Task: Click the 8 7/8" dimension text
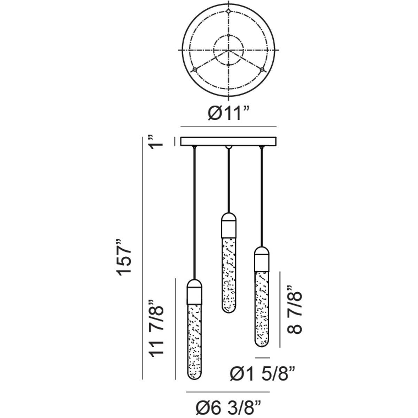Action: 294,310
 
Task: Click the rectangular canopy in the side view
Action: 229,141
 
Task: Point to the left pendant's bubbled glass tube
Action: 195,341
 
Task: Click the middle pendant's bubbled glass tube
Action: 229,275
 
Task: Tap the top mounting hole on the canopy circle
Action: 228,11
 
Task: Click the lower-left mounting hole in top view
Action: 195,70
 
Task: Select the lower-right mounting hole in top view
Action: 263,70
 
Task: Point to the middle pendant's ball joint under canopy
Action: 229,147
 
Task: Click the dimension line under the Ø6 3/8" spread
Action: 228,392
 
